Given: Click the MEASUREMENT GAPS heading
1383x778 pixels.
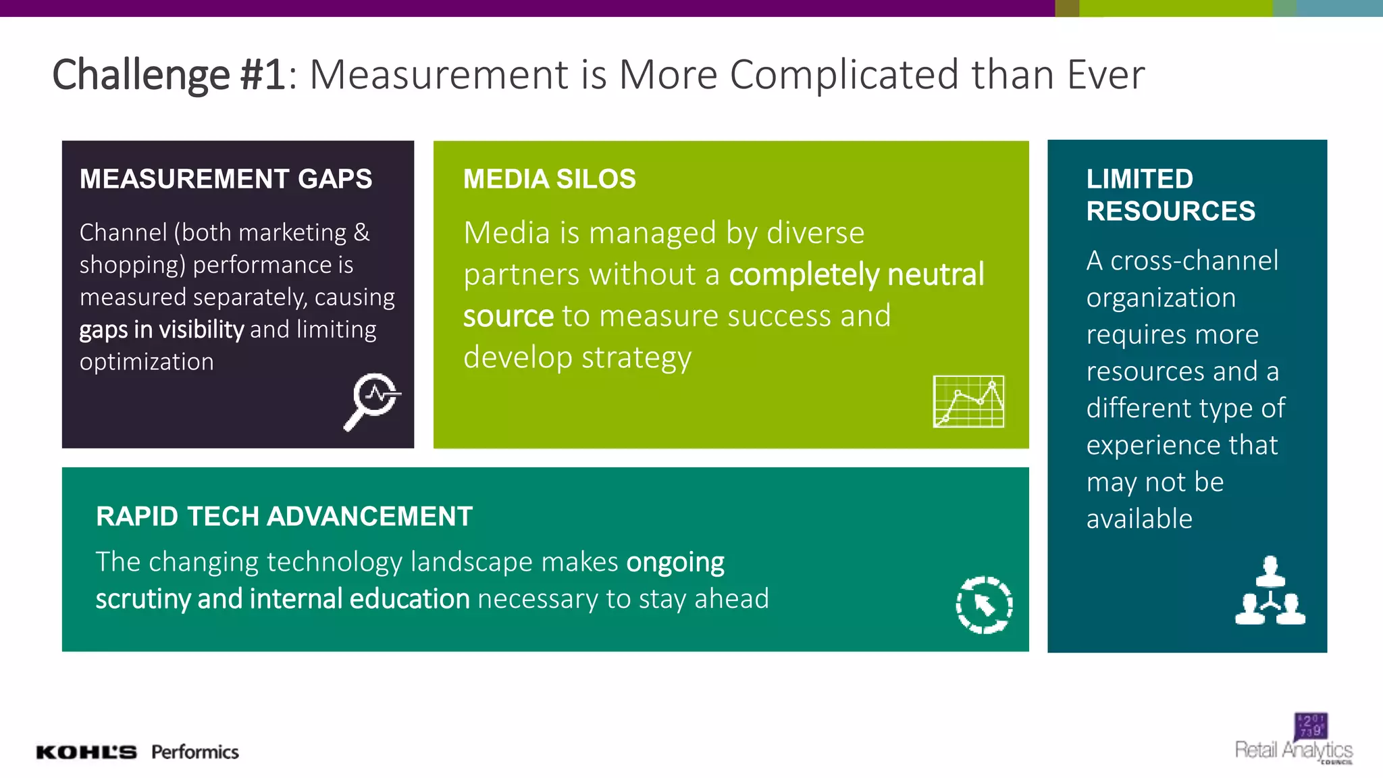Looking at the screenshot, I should (226, 179).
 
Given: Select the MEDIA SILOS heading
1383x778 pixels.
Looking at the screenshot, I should (549, 179).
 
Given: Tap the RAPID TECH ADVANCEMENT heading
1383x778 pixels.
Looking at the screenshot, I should (284, 517).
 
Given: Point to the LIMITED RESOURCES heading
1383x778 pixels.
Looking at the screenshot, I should (1170, 195).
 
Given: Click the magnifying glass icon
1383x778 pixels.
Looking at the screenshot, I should (372, 401).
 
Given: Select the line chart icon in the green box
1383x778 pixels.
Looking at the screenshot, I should (968, 402).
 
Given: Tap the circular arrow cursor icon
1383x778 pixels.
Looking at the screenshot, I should (984, 605).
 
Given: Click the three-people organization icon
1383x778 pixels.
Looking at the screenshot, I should (1270, 591).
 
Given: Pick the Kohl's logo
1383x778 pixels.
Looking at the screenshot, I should (86, 752).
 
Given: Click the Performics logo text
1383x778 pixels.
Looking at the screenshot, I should (195, 752).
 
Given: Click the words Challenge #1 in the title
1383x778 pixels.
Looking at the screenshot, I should (169, 74).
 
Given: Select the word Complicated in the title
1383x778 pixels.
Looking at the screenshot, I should (844, 74).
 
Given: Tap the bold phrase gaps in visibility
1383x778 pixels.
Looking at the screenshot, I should (161, 330).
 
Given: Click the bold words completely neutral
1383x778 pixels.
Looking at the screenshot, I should (856, 275).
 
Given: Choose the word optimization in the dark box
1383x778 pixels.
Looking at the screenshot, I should (147, 362).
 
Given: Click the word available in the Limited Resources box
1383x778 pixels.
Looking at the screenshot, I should (1139, 519).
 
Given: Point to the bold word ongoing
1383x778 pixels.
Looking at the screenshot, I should (675, 563).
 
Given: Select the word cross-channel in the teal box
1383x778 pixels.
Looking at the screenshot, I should (1194, 261).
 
